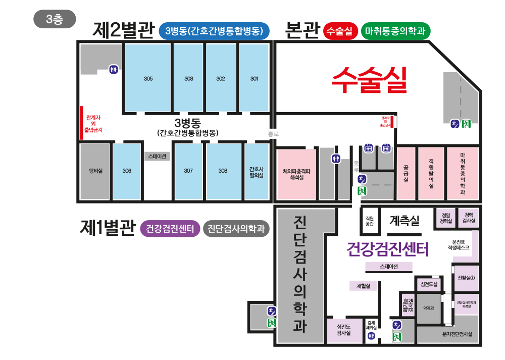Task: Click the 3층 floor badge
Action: (x=55, y=19)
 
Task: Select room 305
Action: (x=148, y=78)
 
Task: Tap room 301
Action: (x=254, y=78)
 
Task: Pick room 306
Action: (x=126, y=171)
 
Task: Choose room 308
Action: (x=223, y=171)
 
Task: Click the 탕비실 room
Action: (x=94, y=171)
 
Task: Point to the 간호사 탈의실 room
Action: (x=257, y=171)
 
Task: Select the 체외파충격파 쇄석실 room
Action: (x=296, y=174)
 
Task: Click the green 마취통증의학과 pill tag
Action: (x=395, y=31)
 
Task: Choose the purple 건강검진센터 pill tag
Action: (x=170, y=229)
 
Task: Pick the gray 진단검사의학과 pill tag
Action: (x=236, y=229)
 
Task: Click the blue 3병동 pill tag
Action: (x=214, y=31)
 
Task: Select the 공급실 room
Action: (x=406, y=173)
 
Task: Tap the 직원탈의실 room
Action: (x=431, y=173)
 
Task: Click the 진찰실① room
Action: (x=466, y=278)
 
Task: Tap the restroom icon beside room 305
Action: (x=114, y=69)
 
